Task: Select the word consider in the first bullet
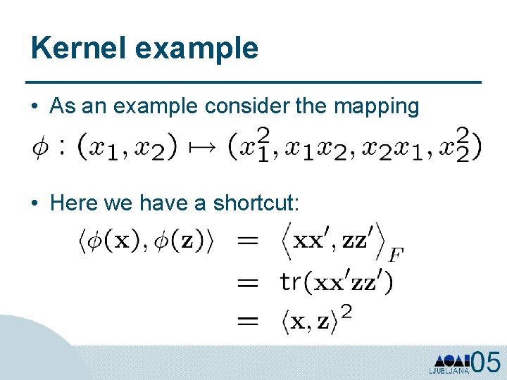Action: [238, 106]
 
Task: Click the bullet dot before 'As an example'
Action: [35, 107]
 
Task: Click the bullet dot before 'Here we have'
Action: [35, 204]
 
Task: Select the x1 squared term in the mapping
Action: [250, 146]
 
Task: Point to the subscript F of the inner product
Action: [396, 254]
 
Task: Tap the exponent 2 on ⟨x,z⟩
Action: [346, 312]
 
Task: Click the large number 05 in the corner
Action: [486, 363]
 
